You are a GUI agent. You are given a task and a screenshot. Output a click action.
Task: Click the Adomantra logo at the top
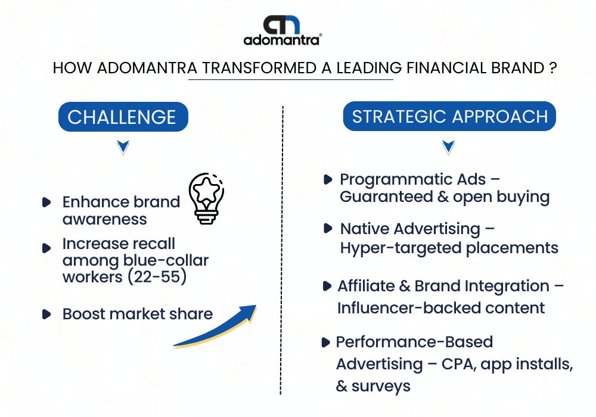[283, 30]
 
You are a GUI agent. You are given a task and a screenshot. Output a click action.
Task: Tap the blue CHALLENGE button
[123, 117]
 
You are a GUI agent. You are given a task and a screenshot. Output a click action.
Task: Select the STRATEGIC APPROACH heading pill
[449, 116]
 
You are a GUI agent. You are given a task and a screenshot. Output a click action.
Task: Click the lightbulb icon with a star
[206, 198]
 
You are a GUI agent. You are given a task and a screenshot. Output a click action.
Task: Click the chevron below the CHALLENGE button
[123, 147]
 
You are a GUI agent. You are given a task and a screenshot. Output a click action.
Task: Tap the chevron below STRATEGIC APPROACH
[449, 147]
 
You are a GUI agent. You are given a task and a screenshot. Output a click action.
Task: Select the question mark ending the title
[553, 68]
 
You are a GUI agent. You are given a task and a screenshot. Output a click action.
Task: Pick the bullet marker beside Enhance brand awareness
[46, 202]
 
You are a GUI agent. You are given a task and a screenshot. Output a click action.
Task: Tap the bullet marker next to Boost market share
[46, 314]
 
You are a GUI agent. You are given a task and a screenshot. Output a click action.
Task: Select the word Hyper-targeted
[401, 248]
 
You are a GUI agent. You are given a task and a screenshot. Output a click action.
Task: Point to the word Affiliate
[366, 286]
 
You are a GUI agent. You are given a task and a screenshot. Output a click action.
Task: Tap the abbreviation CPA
[458, 364]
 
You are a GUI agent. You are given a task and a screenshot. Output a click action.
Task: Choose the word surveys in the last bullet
[381, 387]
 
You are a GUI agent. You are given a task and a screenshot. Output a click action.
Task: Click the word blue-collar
[166, 260]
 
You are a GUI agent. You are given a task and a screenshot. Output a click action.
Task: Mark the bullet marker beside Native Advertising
[327, 229]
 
